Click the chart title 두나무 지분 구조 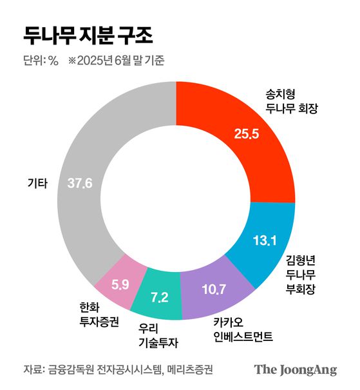[x=88, y=34]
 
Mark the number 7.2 [x=159, y=297]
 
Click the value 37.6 [x=80, y=184]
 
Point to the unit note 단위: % [x=41, y=61]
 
